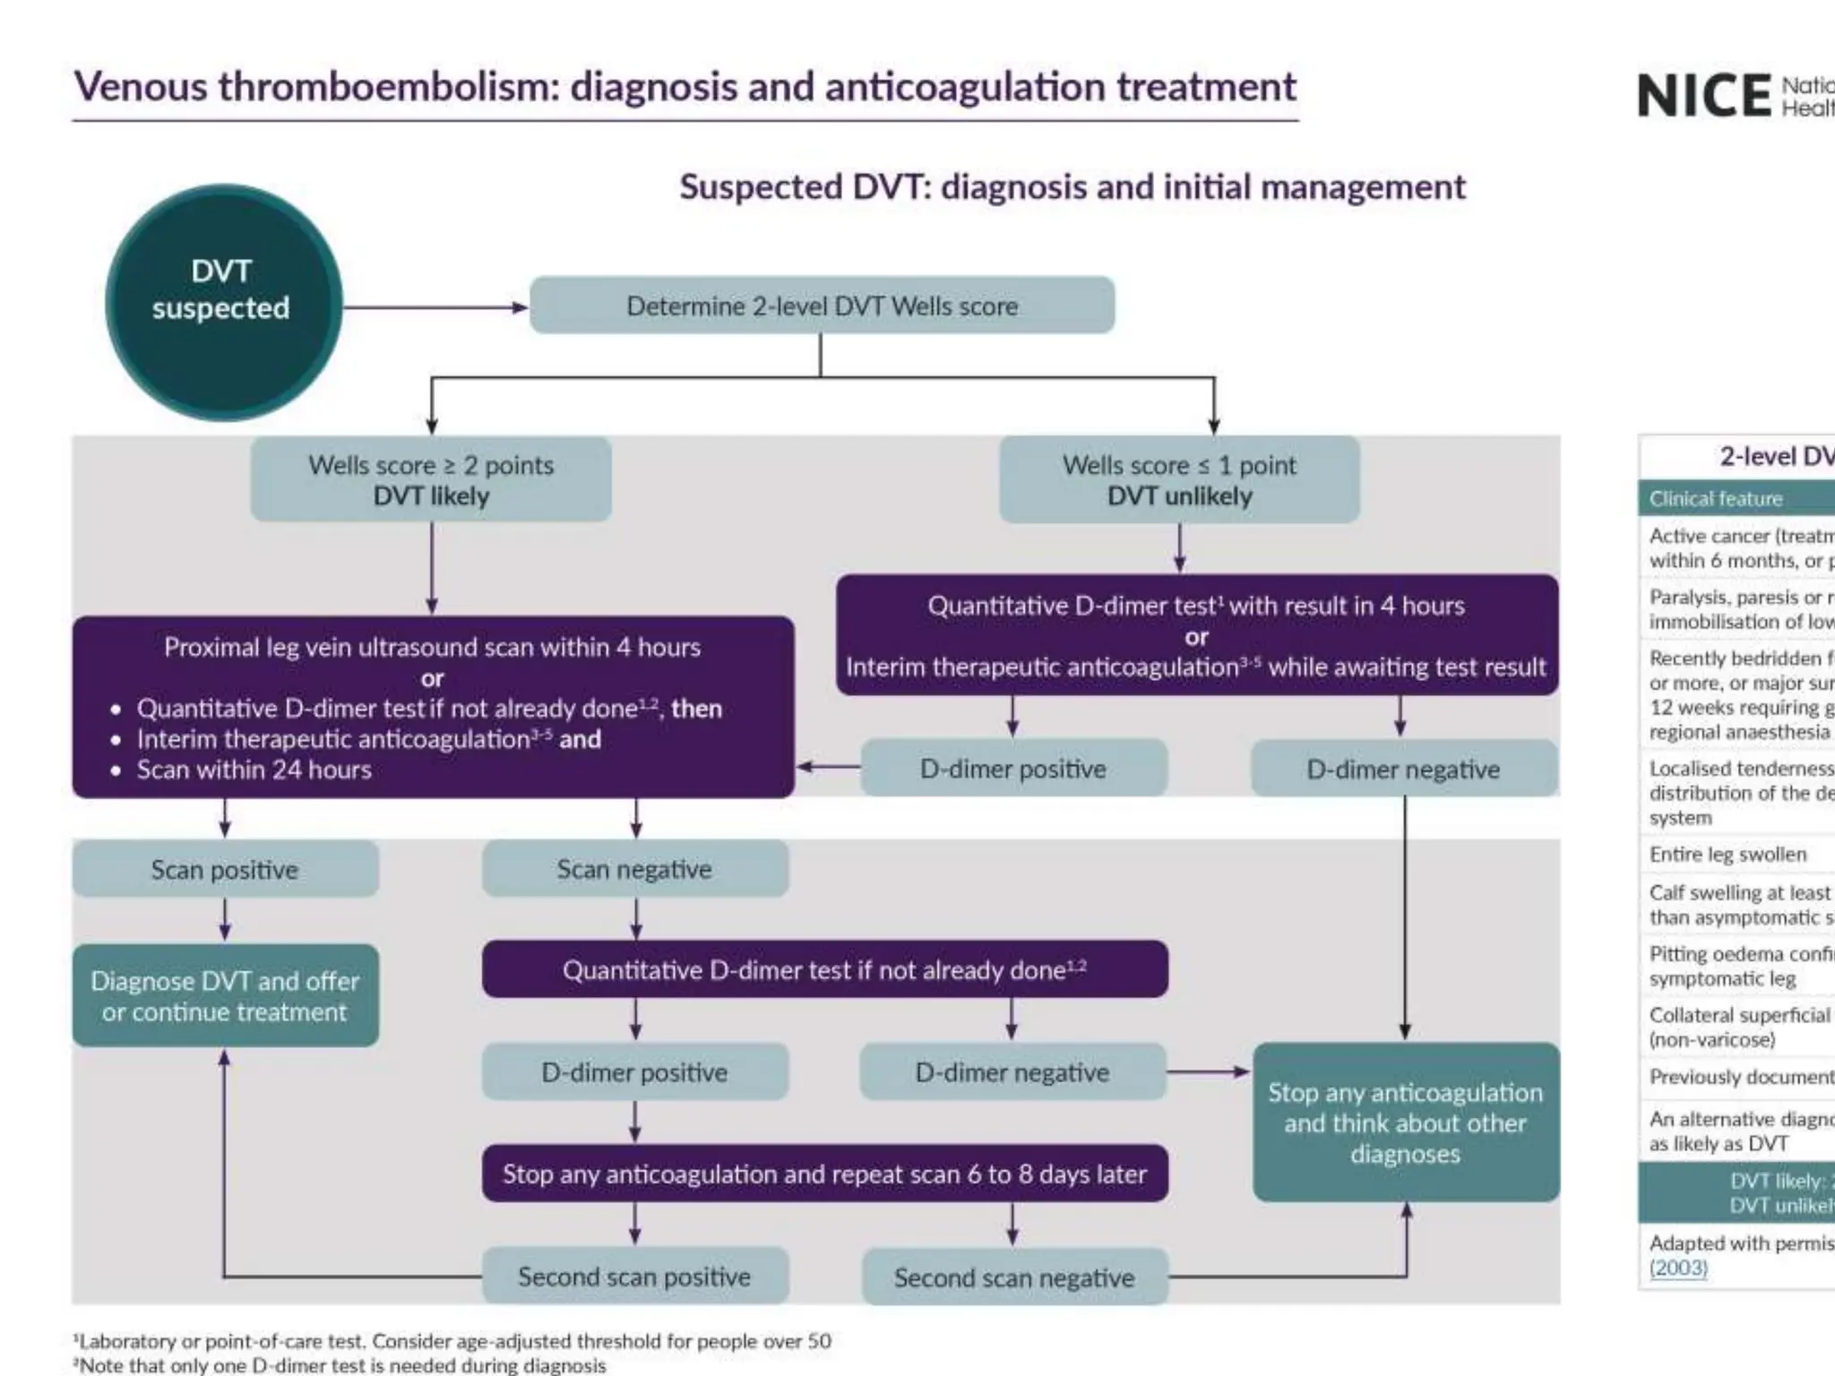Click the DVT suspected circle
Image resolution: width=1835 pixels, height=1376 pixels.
[223, 302]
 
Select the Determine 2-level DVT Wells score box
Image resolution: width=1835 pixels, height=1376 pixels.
[822, 306]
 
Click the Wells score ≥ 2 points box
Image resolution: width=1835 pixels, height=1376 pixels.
[431, 479]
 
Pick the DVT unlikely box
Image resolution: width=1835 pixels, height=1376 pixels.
[1179, 479]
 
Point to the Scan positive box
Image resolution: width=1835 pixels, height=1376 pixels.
[225, 869]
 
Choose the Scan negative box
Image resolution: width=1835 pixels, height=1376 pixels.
[634, 869]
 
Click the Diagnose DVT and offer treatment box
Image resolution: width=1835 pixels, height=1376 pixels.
[225, 995]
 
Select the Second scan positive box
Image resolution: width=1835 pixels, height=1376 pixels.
[634, 1277]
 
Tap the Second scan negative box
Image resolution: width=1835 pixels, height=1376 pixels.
[1013, 1277]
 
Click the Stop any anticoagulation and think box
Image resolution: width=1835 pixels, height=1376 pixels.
[1405, 1122]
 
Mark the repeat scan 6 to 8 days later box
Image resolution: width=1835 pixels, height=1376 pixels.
[824, 1174]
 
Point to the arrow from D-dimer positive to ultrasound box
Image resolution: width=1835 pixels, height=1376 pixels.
[828, 767]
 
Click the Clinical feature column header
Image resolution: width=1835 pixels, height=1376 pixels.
[1716, 498]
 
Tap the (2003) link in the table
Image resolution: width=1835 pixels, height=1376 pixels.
[1678, 1268]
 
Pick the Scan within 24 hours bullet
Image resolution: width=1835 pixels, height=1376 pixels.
[254, 770]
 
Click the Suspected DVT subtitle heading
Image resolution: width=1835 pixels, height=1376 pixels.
[1072, 187]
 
